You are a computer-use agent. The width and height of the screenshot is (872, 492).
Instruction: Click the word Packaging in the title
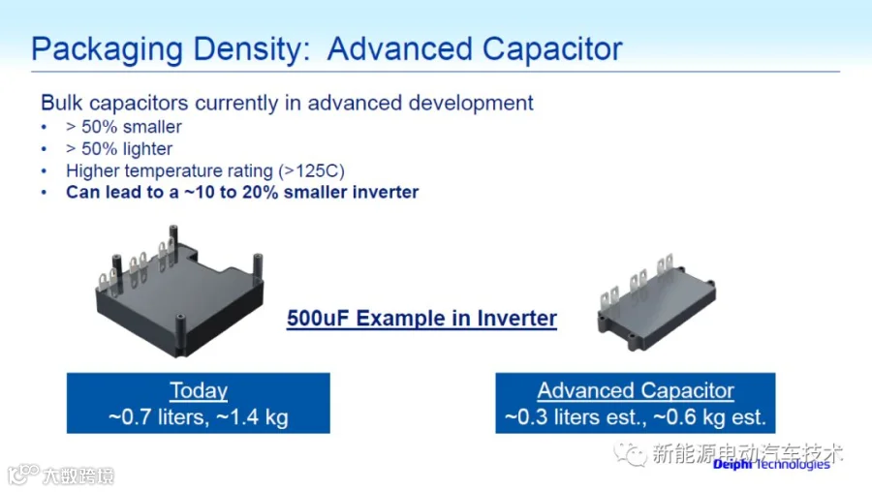pos(107,49)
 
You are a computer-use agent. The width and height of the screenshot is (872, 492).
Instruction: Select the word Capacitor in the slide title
pos(552,49)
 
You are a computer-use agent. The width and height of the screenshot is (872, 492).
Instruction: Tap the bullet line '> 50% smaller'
pos(123,127)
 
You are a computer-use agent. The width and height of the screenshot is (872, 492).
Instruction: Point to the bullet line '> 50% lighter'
pos(119,149)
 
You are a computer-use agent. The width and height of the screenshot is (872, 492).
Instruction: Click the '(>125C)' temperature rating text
pos(311,170)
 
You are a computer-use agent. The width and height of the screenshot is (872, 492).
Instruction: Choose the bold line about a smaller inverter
pos(242,193)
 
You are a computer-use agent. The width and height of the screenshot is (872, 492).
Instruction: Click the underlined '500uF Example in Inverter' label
pos(421,319)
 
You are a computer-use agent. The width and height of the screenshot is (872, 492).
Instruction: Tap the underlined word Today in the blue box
pos(199,390)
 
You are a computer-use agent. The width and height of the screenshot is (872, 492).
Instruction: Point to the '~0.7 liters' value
pos(159,417)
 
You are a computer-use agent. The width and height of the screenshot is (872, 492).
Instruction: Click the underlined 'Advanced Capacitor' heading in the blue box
pos(636,390)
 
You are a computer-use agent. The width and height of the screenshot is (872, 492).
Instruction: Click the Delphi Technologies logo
pos(771,464)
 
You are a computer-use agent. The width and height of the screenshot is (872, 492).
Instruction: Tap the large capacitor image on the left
pos(179,291)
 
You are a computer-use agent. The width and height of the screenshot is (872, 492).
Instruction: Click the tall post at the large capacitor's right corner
pos(258,269)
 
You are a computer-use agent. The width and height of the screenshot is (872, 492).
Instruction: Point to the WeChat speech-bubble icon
pos(630,453)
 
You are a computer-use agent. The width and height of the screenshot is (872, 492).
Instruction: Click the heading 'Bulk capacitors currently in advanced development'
pos(287,103)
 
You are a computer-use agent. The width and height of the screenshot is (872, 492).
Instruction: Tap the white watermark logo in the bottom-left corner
pos(61,476)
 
